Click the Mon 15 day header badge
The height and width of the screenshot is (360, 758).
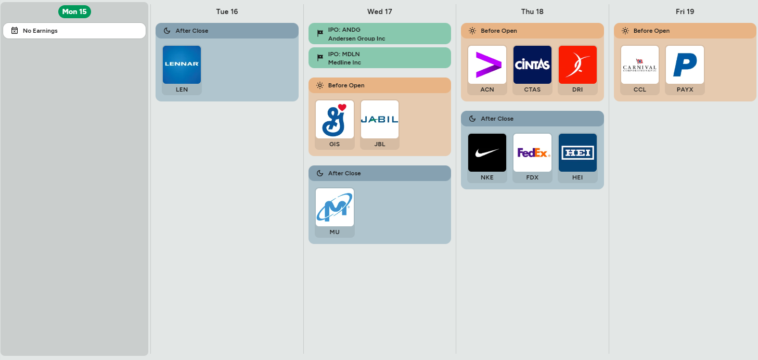click(74, 11)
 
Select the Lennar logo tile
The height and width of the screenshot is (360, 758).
click(182, 65)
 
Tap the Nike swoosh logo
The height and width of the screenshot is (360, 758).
click(487, 152)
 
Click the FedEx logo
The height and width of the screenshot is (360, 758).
click(532, 152)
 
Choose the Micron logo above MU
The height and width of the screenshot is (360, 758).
click(335, 207)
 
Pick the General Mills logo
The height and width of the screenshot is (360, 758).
click(335, 119)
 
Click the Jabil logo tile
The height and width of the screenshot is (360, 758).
click(380, 119)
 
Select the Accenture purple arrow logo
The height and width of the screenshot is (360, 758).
click(487, 65)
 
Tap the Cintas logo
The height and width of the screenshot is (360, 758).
click(532, 65)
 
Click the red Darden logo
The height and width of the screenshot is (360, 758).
click(577, 65)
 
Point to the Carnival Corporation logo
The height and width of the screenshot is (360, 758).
click(639, 65)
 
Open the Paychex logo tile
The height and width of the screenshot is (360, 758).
click(685, 65)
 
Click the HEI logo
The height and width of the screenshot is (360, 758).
click(577, 152)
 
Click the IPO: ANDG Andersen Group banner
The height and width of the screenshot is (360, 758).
click(380, 33)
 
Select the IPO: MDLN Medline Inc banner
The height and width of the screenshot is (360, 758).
click(380, 58)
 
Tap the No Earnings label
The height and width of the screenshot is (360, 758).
click(40, 31)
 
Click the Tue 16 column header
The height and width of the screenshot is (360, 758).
click(227, 11)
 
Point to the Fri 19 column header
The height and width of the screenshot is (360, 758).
click(685, 11)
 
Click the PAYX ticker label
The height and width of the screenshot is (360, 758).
click(685, 89)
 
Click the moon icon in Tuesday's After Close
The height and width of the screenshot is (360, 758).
click(167, 31)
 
